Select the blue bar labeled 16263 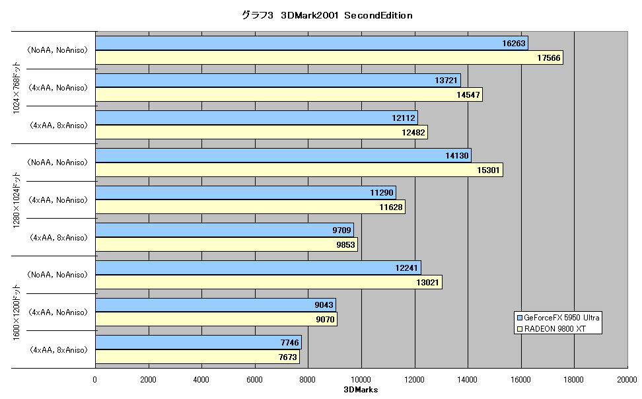(x=312, y=43)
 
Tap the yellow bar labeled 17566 (x=329, y=57)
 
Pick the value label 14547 (x=468, y=95)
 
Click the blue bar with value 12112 (x=257, y=118)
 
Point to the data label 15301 (x=488, y=170)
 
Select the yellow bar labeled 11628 (x=250, y=207)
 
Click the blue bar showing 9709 (x=225, y=231)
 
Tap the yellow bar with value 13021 (x=269, y=282)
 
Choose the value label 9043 (x=324, y=305)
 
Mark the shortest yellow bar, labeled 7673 (x=197, y=357)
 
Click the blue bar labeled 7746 (x=199, y=342)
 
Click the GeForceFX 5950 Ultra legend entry (x=558, y=318)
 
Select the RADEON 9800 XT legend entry (x=552, y=328)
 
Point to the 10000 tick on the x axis (x=361, y=379)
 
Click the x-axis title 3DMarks (x=361, y=390)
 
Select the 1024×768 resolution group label (x=17, y=88)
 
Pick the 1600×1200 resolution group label (x=17, y=312)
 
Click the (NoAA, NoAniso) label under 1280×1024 (x=57, y=163)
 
